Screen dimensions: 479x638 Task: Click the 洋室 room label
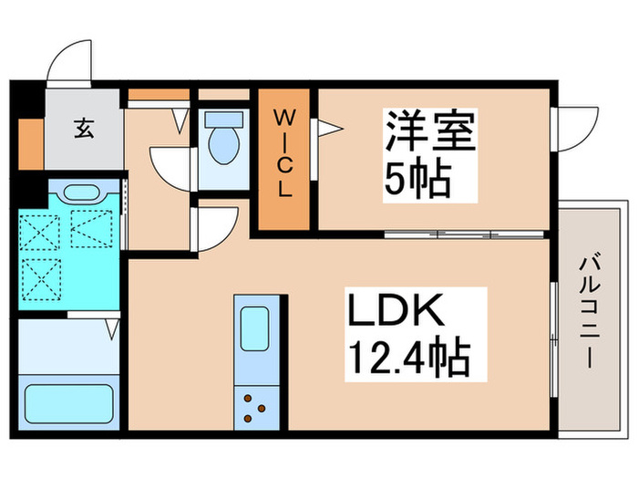pyautogui.click(x=429, y=134)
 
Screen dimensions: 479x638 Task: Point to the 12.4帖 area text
pyautogui.click(x=407, y=359)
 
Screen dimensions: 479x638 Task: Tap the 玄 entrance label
pyautogui.click(x=84, y=129)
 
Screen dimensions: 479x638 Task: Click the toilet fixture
pyautogui.click(x=221, y=138)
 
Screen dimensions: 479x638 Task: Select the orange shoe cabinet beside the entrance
pyautogui.click(x=30, y=142)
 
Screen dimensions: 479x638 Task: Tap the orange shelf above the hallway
pyautogui.click(x=158, y=94)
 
